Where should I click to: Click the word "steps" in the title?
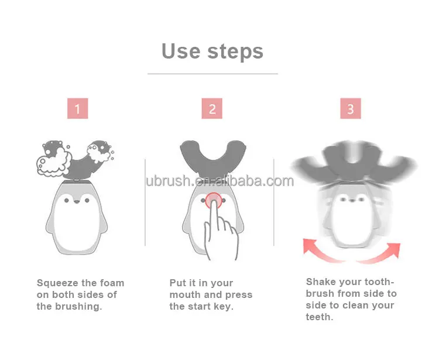tap(233, 52)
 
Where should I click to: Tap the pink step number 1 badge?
tap(77, 109)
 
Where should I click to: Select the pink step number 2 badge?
tap(212, 109)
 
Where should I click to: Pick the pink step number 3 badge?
tap(350, 109)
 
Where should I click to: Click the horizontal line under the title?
tap(212, 74)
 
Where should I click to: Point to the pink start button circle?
tap(212, 199)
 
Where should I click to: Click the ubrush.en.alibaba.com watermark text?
tap(220, 181)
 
